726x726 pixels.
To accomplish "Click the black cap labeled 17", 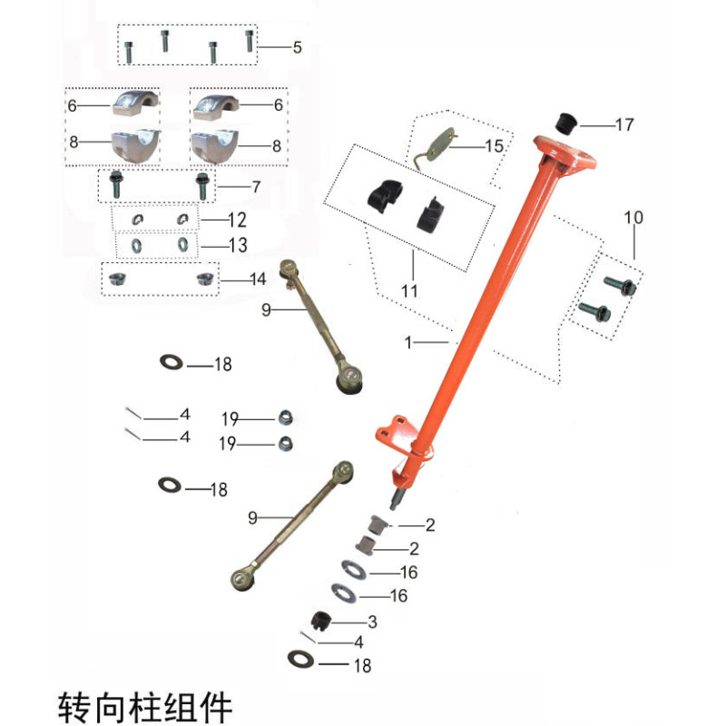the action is pos(565,123).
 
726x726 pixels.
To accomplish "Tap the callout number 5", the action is pos(298,47).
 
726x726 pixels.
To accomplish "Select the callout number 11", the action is pos(409,290).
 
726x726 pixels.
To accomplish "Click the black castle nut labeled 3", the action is pos(320,621).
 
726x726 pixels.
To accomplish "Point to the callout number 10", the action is pos(633,217).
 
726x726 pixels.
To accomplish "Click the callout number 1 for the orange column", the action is pos(407,343).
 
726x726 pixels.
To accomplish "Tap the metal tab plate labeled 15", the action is pos(441,145).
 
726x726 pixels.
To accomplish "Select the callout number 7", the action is pos(256,187).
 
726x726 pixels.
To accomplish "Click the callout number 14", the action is pos(258,280).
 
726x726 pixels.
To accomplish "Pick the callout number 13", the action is pos(238,245).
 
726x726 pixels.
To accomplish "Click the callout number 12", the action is pos(237,220).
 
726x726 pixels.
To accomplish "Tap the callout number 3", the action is pos(372,622).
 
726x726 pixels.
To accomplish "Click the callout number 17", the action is pos(624,124).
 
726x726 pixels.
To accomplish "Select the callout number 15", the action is pos(494,146).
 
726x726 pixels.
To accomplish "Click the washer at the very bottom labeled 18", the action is pos(300,659).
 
